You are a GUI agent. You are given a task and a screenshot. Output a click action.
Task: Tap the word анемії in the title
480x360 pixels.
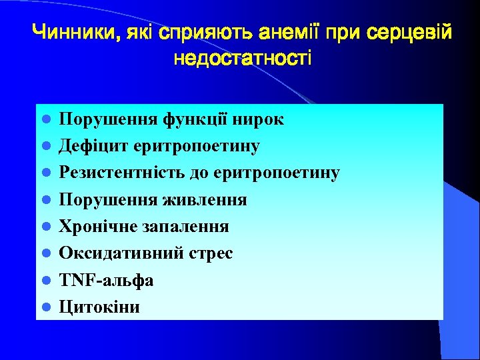(x=251, y=31)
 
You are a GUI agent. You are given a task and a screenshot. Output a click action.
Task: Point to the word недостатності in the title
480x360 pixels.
(x=241, y=58)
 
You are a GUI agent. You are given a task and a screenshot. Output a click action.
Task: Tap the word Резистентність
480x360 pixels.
(x=110, y=173)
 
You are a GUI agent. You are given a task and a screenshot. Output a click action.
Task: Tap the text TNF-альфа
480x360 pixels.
(x=107, y=280)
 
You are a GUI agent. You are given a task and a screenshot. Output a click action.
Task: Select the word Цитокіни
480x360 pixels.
(x=100, y=307)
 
